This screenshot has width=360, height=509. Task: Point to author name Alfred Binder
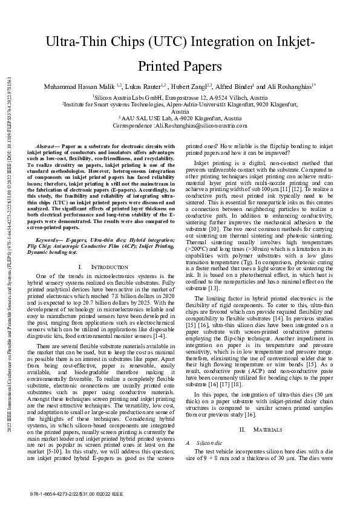(x=234, y=87)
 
